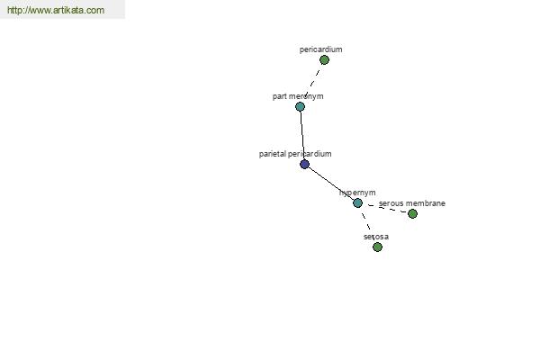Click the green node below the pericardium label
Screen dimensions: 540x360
[324, 60]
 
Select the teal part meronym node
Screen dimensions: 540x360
[300, 107]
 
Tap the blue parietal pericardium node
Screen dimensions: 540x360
[304, 165]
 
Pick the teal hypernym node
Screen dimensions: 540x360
[357, 202]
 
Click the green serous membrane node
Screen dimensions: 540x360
[412, 214]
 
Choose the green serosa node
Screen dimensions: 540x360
[377, 247]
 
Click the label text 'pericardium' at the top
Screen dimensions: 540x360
[320, 49]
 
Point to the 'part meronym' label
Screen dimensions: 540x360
[298, 96]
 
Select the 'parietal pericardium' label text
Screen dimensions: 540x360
[295, 154]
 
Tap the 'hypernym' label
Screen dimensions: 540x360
[357, 193]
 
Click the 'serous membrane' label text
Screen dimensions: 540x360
[412, 203]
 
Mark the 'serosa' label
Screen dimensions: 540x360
[376, 237]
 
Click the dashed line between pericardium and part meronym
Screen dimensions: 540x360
[312, 83]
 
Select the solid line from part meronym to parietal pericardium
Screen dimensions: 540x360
[302, 135]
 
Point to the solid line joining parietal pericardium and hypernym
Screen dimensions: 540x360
[331, 184]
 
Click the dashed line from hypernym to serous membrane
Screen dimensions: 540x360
[386, 209]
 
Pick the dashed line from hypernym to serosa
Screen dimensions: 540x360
[367, 225]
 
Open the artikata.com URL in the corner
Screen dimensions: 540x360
[56, 10]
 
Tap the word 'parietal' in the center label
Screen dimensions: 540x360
[272, 154]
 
